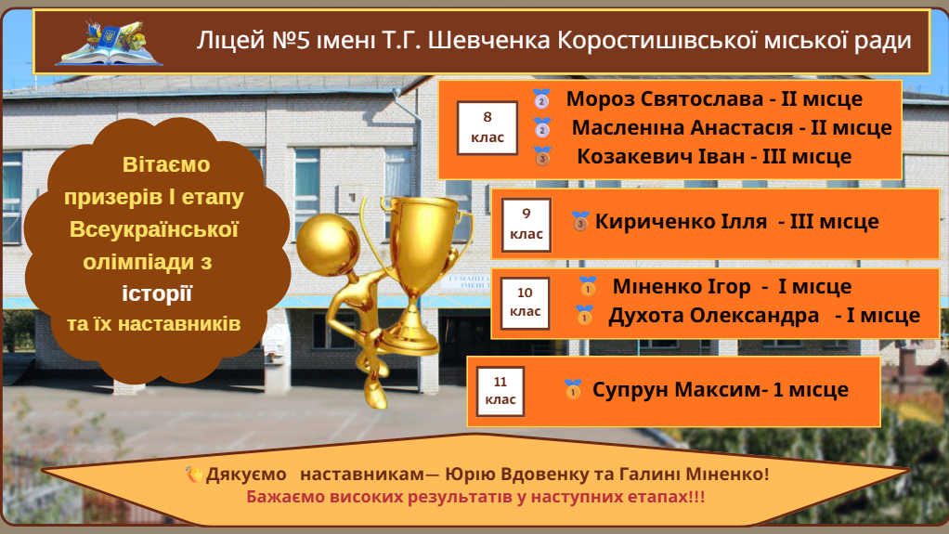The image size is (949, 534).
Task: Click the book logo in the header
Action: click(109, 43)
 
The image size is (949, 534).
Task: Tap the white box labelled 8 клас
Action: click(487, 128)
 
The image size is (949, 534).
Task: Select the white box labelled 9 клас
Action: click(526, 225)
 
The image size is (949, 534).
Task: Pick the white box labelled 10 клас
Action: click(525, 303)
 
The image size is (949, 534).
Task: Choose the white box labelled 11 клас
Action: click(500, 391)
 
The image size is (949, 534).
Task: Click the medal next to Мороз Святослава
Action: click(541, 98)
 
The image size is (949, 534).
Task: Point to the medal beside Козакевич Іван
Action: click(542, 156)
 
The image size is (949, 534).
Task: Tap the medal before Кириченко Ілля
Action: click(579, 222)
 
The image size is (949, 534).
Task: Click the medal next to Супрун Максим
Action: click(573, 389)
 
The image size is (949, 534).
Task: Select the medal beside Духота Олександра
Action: click(585, 315)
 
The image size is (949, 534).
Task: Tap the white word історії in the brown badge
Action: click(157, 293)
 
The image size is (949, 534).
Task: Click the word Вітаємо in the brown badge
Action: click(166, 164)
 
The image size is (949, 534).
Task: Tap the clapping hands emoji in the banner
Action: click(194, 474)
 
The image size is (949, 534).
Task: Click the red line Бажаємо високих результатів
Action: click(475, 497)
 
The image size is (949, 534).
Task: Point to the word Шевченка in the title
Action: click(489, 41)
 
